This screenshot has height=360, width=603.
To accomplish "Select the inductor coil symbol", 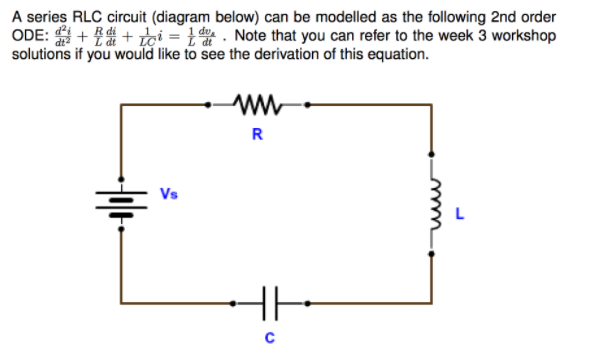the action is tap(432, 205).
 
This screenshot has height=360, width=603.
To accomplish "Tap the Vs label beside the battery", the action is tap(170, 192).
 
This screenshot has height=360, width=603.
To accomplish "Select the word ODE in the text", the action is tap(27, 36).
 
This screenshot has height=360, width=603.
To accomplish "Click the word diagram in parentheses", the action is tap(179, 19).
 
